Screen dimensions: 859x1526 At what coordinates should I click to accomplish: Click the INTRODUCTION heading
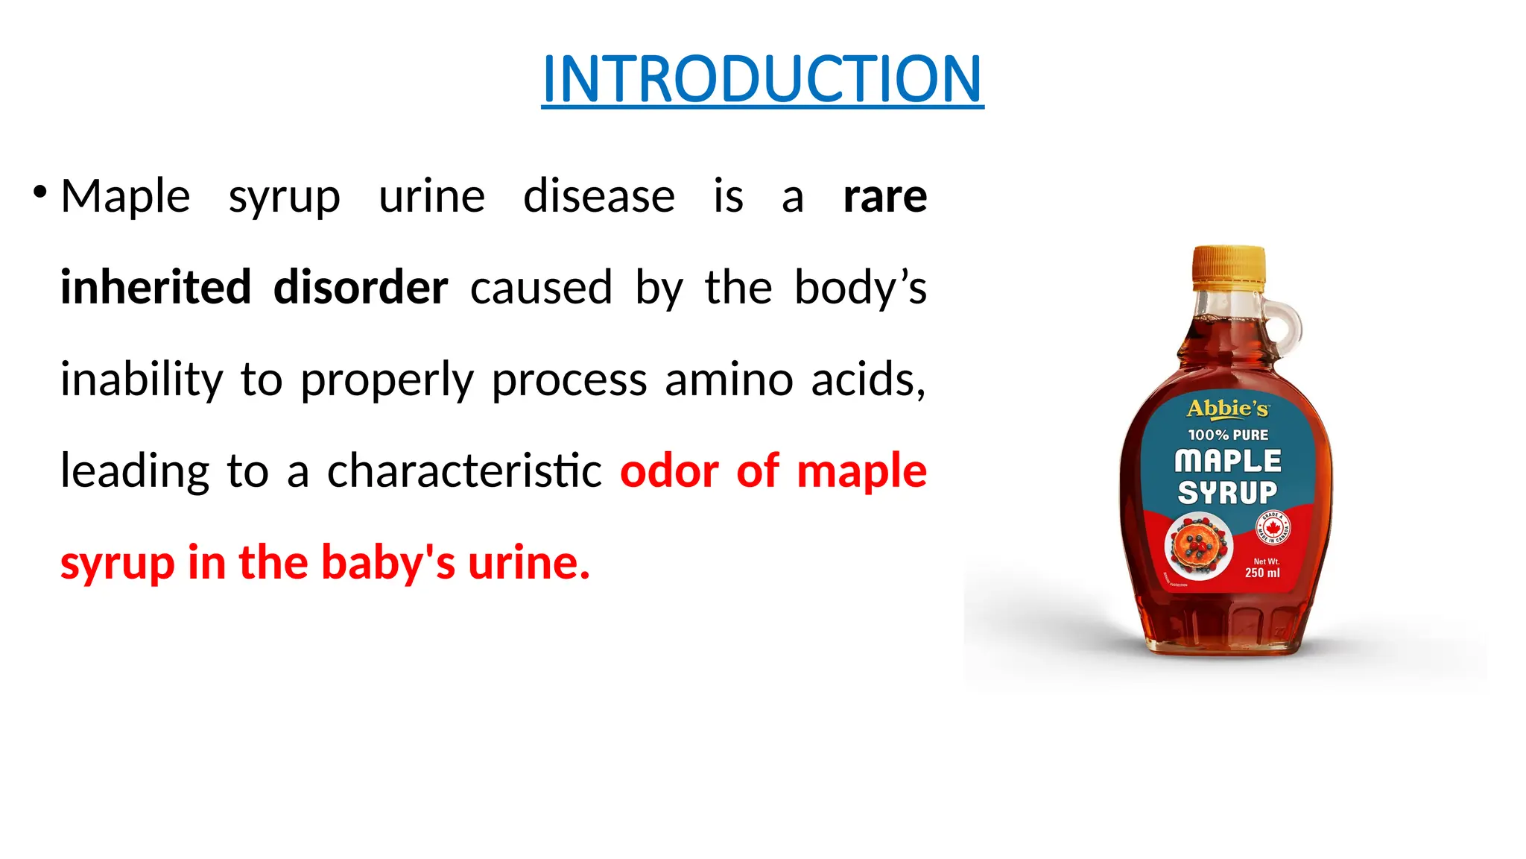click(762, 79)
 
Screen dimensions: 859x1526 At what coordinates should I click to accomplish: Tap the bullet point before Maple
click(40, 193)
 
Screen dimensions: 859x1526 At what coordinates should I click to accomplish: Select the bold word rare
click(884, 196)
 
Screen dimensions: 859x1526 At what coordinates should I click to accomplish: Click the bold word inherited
click(156, 288)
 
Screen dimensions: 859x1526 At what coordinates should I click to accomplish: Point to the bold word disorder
click(361, 288)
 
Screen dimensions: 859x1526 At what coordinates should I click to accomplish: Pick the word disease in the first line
click(599, 196)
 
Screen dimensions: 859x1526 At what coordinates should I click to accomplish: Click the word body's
click(860, 288)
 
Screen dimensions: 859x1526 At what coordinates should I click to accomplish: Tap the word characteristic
click(464, 471)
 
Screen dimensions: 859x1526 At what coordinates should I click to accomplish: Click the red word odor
click(669, 471)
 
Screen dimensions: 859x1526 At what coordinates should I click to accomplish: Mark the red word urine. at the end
click(529, 563)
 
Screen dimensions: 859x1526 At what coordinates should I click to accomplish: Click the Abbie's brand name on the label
click(1227, 409)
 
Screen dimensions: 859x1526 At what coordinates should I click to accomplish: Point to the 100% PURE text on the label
click(1228, 435)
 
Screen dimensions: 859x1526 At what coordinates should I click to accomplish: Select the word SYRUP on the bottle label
click(1227, 493)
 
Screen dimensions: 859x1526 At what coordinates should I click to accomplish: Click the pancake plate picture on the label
click(1198, 547)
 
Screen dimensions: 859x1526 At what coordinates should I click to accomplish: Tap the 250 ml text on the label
click(1262, 573)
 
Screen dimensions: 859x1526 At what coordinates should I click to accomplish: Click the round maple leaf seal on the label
click(1273, 529)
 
